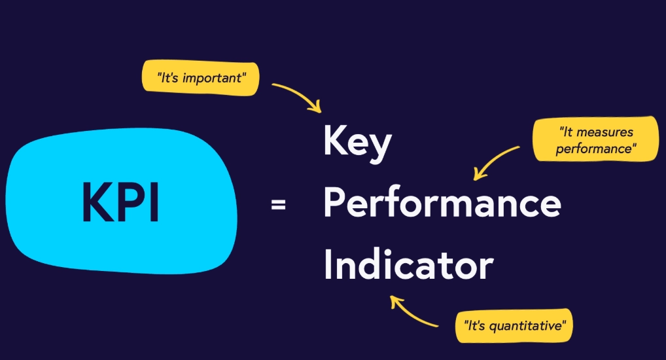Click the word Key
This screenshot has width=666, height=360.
click(357, 145)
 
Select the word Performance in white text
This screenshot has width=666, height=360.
click(442, 204)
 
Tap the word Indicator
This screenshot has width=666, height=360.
click(409, 265)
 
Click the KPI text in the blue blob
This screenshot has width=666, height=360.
click(120, 202)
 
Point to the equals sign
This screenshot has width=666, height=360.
click(278, 206)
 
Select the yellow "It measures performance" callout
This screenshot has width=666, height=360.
click(595, 139)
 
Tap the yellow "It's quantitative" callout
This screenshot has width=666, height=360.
click(514, 323)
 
